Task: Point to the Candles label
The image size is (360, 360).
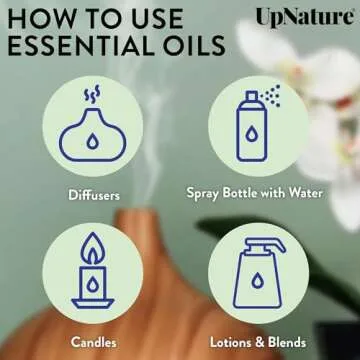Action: (93, 342)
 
